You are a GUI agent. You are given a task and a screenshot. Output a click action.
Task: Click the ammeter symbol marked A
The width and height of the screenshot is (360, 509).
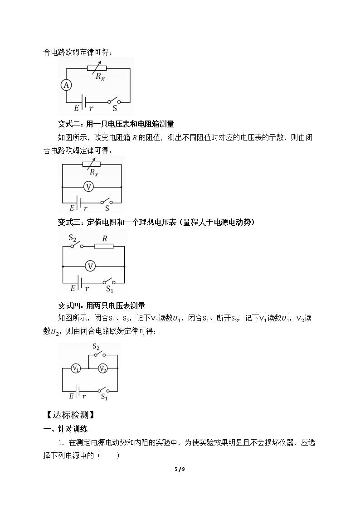point(66,85)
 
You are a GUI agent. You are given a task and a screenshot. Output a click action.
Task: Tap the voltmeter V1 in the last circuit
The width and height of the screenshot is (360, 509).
point(76,368)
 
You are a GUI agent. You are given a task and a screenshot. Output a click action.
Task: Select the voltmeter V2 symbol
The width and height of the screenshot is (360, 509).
point(102,368)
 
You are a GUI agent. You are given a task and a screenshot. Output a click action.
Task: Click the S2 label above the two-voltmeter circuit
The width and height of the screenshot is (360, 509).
point(96,347)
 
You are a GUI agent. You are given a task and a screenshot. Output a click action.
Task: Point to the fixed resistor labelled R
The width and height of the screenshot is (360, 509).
point(104,247)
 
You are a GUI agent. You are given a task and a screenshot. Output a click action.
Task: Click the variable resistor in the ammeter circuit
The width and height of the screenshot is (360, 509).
point(97,68)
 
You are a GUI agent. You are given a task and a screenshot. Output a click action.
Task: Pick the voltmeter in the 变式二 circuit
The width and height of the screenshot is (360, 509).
point(88,187)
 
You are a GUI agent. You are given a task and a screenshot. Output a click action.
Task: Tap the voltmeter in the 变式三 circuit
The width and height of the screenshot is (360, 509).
point(90,267)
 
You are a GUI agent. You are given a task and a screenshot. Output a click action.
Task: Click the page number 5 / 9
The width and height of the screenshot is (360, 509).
point(180,469)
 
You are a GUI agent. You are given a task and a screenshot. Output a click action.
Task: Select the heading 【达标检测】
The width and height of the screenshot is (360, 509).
point(71,415)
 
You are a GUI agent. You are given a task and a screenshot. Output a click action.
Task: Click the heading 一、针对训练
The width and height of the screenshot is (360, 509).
point(66,429)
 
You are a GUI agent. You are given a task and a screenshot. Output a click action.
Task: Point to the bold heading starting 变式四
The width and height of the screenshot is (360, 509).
point(101,305)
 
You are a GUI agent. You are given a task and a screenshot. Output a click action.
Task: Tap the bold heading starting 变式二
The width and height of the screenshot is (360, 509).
point(116,124)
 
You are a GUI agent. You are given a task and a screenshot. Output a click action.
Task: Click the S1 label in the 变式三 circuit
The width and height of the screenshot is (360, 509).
point(110,289)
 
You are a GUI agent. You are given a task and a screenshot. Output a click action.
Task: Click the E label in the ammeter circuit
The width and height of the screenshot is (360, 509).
point(77,108)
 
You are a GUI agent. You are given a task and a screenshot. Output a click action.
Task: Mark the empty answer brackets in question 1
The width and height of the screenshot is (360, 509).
point(109,456)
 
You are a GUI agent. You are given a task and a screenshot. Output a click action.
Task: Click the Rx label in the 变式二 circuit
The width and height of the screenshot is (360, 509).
point(94,172)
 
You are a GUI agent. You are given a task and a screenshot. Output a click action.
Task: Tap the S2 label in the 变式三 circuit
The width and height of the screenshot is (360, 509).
point(73,238)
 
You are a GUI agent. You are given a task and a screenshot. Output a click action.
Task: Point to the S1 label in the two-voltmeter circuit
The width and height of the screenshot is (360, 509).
point(104,397)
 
